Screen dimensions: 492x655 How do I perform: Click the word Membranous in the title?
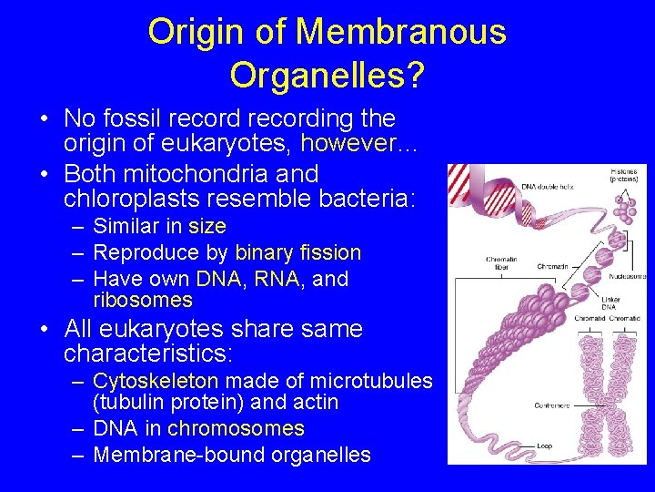tap(400, 32)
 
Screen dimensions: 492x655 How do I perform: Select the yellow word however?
tap(358, 144)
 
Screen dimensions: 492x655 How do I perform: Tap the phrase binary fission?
tap(297, 252)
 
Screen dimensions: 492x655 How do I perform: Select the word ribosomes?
tap(143, 300)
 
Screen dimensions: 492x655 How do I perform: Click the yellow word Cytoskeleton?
tap(156, 381)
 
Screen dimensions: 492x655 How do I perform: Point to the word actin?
tap(317, 402)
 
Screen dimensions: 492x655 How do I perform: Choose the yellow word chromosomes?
tap(236, 428)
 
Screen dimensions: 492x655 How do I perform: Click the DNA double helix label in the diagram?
tap(545, 187)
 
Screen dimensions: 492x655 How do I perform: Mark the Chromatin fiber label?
tap(501, 262)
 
